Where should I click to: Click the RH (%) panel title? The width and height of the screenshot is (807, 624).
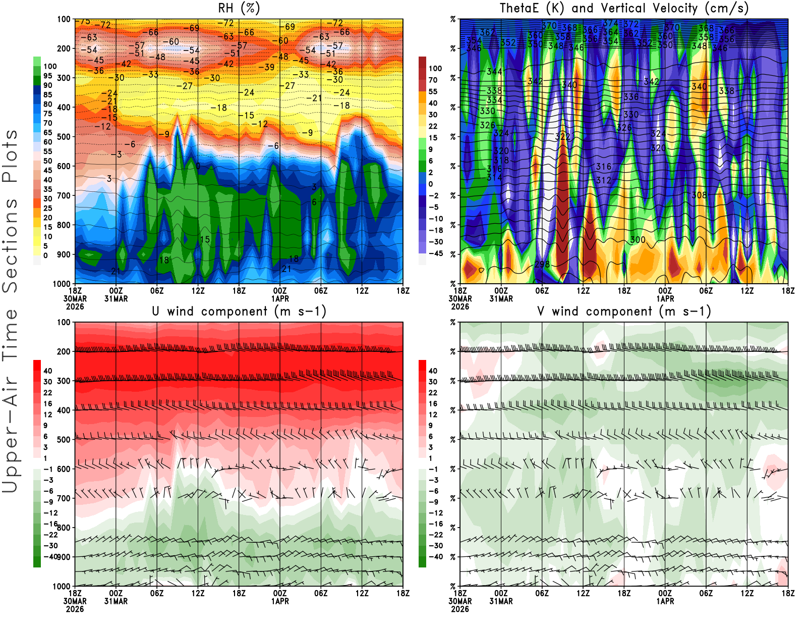click(x=239, y=8)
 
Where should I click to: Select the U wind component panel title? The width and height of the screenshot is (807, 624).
click(x=239, y=311)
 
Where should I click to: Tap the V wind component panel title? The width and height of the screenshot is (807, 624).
click(x=624, y=311)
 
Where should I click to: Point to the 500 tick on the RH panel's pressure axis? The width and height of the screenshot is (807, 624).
click(x=64, y=137)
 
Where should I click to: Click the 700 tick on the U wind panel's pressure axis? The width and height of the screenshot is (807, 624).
click(x=64, y=498)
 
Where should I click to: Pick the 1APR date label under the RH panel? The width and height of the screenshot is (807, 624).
click(x=280, y=298)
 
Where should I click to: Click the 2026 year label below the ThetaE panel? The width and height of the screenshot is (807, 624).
click(x=459, y=306)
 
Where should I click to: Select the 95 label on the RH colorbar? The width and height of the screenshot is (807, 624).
click(x=47, y=76)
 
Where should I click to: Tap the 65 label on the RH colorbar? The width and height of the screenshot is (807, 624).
click(x=47, y=133)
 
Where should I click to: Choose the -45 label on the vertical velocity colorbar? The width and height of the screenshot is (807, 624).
click(x=435, y=253)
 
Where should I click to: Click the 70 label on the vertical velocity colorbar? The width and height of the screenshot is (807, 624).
click(x=433, y=80)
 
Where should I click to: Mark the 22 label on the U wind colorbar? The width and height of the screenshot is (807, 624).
click(x=47, y=393)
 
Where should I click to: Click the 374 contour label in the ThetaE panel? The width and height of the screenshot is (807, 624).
click(x=610, y=23)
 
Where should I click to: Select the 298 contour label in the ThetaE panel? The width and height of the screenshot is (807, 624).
click(x=542, y=265)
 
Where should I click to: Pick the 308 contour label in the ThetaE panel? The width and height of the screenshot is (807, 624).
click(x=699, y=195)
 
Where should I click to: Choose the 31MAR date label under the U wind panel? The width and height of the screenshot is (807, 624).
click(x=116, y=601)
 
